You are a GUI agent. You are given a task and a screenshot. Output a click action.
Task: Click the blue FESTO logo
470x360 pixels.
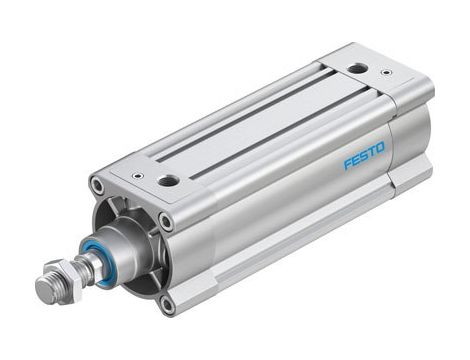tap(364, 155)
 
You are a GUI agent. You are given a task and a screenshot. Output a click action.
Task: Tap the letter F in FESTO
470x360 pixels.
tap(347, 163)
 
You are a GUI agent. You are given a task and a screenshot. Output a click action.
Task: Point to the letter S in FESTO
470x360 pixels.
tap(364, 155)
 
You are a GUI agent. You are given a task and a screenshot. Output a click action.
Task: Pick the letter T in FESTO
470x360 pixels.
tap(372, 151)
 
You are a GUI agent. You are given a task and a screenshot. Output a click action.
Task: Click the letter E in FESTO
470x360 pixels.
tap(355, 159)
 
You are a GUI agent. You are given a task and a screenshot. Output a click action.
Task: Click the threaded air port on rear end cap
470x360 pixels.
tap(357, 69)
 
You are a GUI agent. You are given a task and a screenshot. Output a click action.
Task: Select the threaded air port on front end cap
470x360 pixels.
tap(169, 181)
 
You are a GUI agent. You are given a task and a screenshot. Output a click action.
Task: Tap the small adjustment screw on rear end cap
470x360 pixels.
tap(387, 73)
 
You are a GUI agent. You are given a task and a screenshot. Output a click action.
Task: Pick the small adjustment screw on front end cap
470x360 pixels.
tap(137, 176)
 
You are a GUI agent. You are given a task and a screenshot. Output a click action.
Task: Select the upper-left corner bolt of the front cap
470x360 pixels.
tap(96, 186)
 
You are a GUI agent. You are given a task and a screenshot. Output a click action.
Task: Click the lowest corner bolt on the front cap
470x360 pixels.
tap(166, 304)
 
